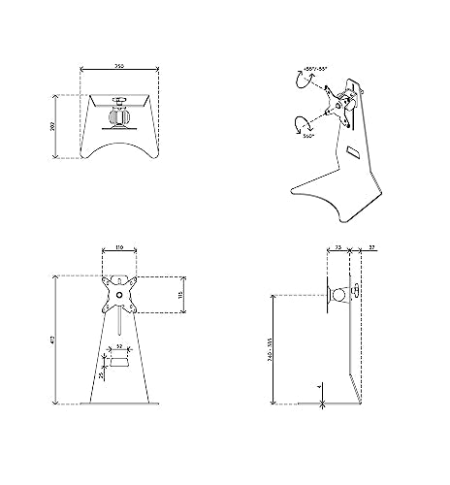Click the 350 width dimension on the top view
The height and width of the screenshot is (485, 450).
coord(118,67)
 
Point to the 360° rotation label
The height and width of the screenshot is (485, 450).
coord(308,138)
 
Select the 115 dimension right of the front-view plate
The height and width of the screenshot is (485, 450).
coord(181,293)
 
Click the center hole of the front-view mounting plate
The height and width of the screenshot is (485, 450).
coord(118,291)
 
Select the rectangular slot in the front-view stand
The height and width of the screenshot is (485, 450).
coord(118,362)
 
